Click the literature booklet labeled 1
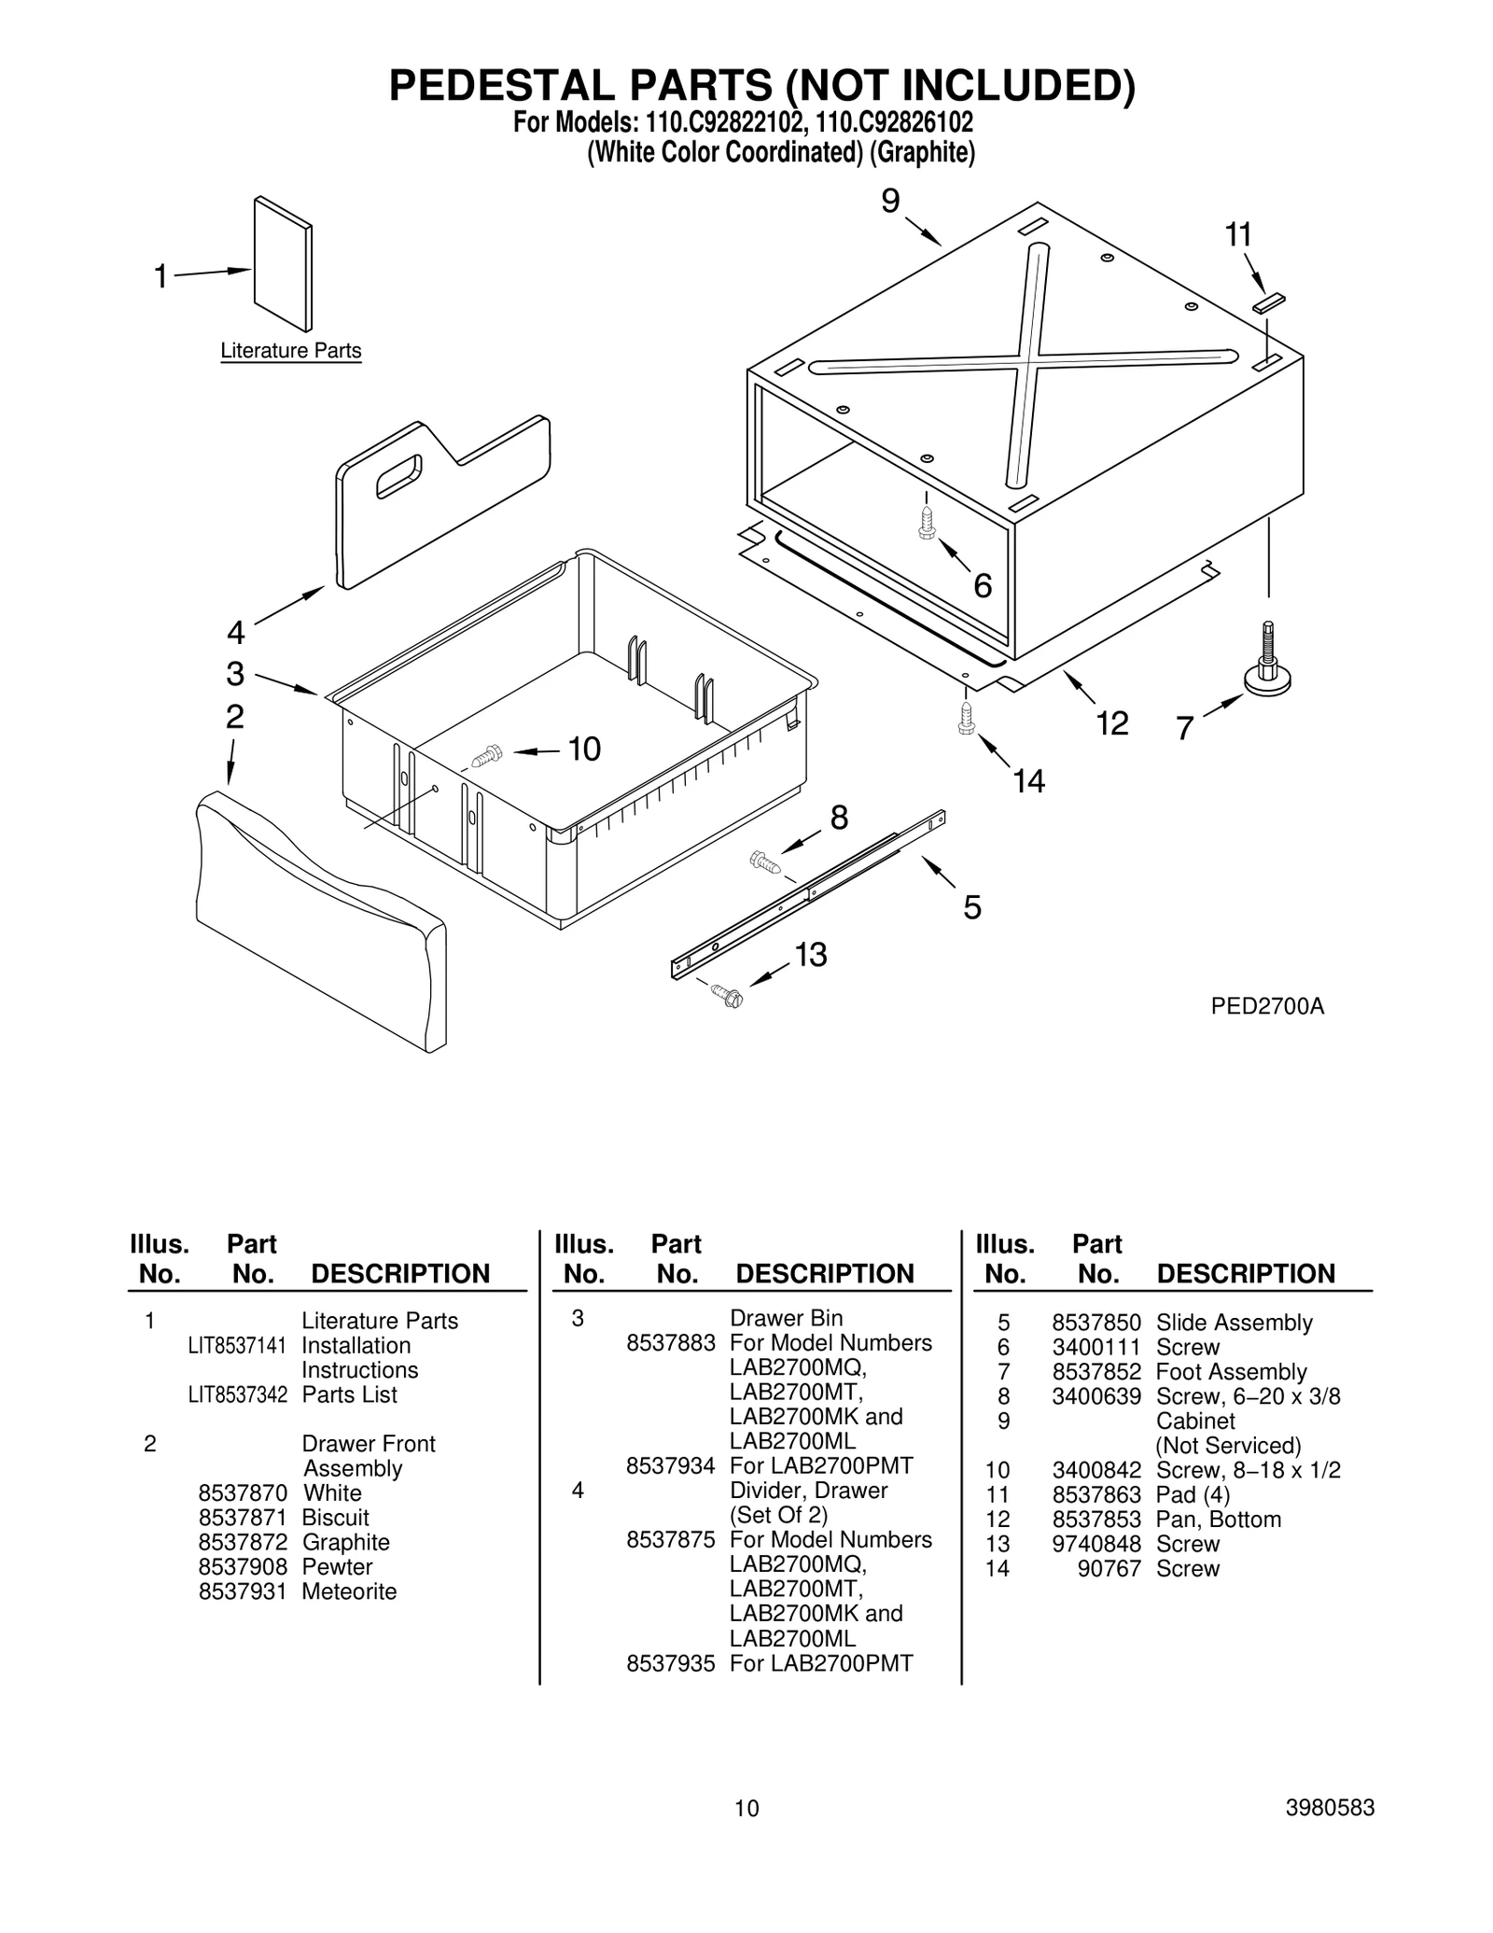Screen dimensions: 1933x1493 283,264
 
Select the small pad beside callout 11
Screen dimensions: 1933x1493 1269,302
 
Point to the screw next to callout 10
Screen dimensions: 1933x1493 487,755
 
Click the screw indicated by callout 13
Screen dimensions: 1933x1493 726,995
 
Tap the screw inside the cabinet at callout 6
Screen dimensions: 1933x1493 927,524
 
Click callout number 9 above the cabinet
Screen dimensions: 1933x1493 890,201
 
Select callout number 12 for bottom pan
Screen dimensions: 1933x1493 1112,723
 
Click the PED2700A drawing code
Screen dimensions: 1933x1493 1267,1006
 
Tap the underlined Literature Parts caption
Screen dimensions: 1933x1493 290,351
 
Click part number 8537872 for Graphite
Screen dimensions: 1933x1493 243,1542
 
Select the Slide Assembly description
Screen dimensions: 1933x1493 1234,1323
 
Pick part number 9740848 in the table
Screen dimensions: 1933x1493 1096,1544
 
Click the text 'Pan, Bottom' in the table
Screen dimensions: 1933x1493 1218,1520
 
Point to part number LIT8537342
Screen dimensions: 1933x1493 237,1394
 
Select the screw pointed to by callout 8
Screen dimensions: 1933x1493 765,861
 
